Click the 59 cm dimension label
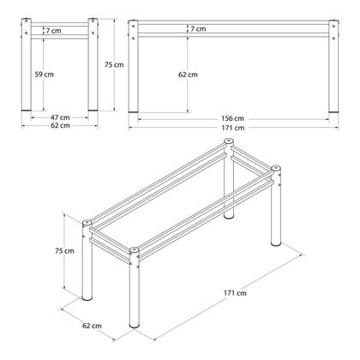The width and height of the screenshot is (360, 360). point(45,75)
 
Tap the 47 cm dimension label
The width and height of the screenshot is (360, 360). point(60,117)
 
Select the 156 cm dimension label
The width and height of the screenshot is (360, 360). point(232,118)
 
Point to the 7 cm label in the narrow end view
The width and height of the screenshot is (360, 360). point(53,31)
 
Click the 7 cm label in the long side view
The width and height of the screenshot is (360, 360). point(198,29)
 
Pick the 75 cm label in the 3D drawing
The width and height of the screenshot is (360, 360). point(64,251)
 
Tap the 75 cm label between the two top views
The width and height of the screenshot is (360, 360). point(114,65)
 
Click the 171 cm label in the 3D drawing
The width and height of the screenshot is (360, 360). point(235,293)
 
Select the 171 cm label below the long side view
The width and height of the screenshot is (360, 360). point(233,128)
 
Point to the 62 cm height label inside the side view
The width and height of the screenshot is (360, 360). point(188,75)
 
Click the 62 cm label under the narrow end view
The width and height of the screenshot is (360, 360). point(60,125)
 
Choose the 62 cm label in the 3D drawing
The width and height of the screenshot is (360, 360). point(92,326)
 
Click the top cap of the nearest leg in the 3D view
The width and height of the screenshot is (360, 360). point(134,250)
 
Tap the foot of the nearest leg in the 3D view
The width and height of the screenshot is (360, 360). point(135,325)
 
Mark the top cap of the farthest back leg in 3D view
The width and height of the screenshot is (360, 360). point(228,141)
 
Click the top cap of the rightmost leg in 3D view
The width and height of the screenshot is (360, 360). point(276,168)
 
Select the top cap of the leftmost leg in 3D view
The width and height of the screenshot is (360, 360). point(87,223)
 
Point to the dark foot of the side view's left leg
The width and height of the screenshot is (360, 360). point(133,111)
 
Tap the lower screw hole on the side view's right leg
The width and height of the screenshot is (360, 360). point(333,38)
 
